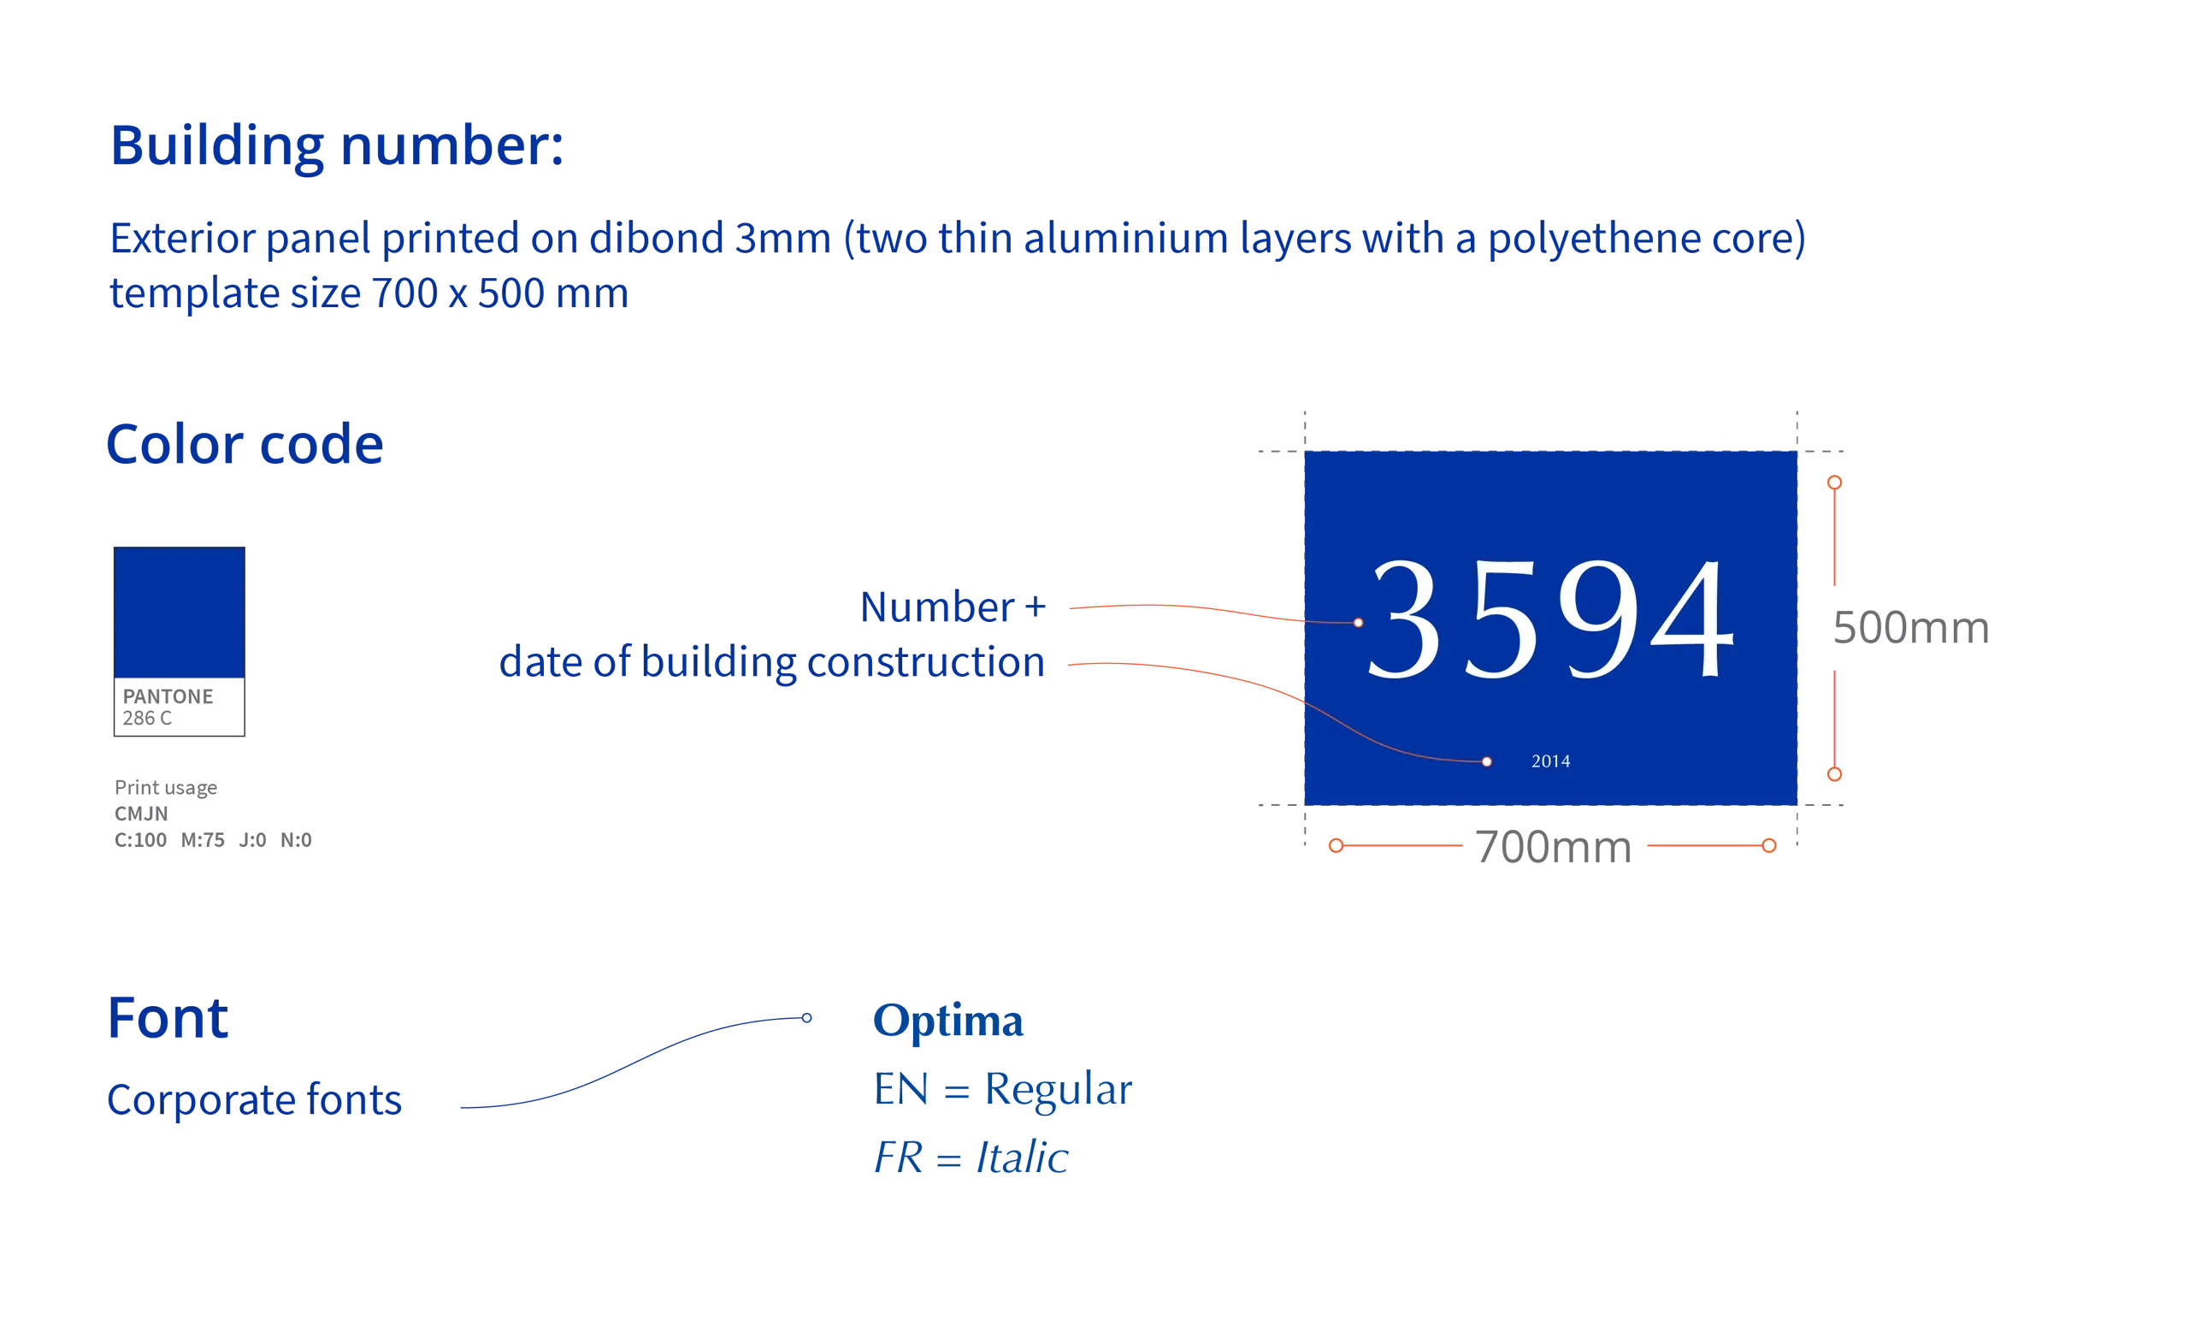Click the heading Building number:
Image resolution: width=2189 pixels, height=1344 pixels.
[x=337, y=145]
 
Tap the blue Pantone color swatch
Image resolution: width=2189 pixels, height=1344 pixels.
[x=180, y=613]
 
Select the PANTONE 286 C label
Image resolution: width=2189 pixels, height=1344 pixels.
[x=168, y=707]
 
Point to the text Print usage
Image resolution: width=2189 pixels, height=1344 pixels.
[x=166, y=788]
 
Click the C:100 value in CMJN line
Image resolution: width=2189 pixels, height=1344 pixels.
[x=140, y=840]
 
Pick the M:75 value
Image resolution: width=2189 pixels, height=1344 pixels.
[x=203, y=840]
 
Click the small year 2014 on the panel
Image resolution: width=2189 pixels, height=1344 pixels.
[x=1550, y=761]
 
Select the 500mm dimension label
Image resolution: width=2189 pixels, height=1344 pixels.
[x=1911, y=628]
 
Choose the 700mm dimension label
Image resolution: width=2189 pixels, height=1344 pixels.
[x=1554, y=846]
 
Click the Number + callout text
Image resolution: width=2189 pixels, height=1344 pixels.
[x=953, y=607]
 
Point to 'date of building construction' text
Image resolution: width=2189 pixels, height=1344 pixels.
[x=772, y=662]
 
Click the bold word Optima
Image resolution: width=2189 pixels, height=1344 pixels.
[x=948, y=1020]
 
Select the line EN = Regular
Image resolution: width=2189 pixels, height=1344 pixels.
[x=1003, y=1089]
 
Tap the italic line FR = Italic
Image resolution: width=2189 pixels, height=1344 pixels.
[x=971, y=1157]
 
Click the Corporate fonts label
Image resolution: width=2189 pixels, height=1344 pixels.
[x=254, y=1099]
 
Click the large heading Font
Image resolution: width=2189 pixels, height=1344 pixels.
[x=168, y=1018]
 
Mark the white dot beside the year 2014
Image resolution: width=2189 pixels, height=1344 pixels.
[x=1486, y=761]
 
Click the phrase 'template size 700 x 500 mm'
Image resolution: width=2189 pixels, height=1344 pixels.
[x=369, y=293]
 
